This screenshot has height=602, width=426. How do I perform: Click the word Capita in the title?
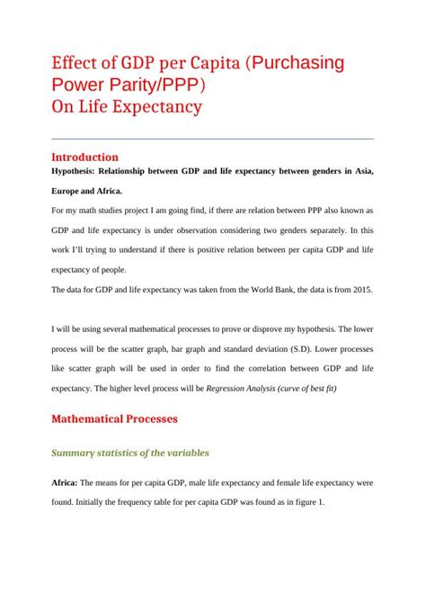pos(213,65)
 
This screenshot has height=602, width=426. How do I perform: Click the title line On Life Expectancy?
pos(127,108)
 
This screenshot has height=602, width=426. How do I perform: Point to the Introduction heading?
pos(85,157)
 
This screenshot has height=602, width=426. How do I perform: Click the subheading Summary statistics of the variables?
pos(130,453)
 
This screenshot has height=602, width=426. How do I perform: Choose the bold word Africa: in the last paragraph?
pos(67,483)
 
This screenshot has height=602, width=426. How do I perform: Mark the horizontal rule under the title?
pos(213,139)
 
